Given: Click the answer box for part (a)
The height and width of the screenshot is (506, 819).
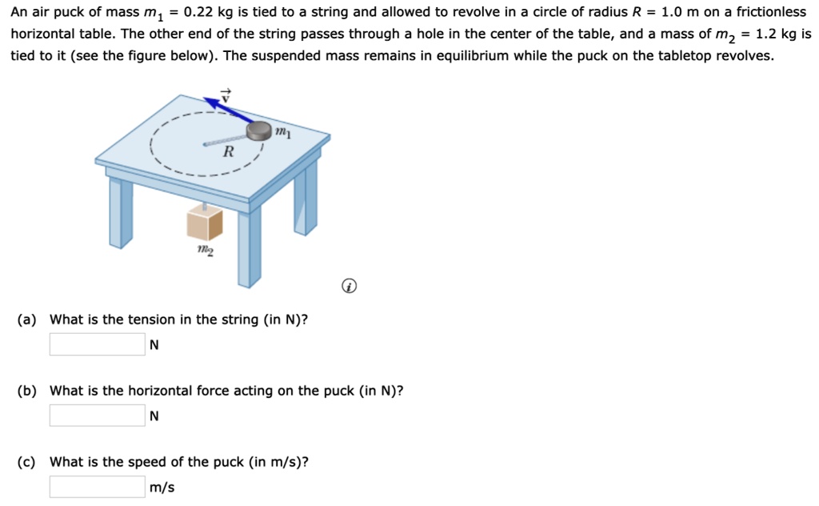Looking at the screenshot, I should (x=98, y=344).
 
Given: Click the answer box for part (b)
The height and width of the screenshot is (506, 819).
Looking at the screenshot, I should (x=98, y=416).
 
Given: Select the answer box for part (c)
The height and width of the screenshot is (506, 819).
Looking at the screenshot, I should (x=98, y=487).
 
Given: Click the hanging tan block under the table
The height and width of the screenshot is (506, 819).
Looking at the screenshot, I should (x=204, y=223).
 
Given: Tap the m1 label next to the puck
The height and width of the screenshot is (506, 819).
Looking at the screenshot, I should (x=282, y=131).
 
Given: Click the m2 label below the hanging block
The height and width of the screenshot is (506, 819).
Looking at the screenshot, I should (x=205, y=251).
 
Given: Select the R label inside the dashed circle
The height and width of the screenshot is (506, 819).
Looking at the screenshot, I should (x=229, y=152).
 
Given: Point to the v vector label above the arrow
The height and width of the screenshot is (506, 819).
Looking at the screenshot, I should (x=226, y=93).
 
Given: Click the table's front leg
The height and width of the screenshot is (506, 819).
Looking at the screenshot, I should (x=249, y=248).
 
